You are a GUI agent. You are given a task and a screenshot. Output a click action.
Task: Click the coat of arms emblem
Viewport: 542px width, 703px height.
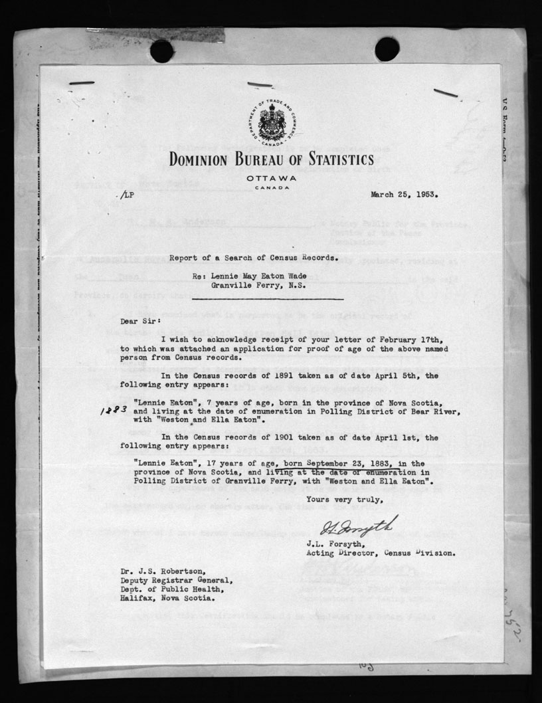(271, 123)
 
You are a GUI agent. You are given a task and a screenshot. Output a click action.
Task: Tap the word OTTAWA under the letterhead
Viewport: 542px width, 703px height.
(271, 179)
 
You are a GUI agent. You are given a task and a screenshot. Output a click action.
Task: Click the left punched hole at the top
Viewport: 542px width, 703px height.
(161, 50)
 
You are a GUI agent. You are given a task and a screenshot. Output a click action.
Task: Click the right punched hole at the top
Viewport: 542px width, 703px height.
(387, 49)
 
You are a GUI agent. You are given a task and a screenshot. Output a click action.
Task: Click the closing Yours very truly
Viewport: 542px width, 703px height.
(343, 499)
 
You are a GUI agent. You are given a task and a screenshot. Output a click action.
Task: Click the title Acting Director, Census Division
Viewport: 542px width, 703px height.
(381, 553)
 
